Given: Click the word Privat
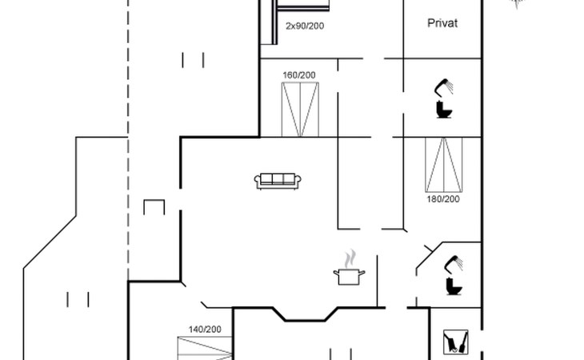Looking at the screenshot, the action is click(442, 23).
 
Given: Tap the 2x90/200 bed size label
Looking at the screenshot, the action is click(305, 26).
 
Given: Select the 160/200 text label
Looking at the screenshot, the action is click(299, 75).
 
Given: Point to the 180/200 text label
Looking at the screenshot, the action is click(443, 199).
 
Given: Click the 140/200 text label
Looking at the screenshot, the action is click(205, 330).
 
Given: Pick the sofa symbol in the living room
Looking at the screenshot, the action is click(278, 182).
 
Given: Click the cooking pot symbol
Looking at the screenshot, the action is click(349, 277).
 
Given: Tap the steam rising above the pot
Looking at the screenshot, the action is click(350, 258).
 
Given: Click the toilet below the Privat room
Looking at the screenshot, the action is click(444, 110).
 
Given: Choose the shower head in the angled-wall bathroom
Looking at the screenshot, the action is click(454, 264).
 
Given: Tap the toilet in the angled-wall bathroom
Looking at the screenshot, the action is click(454, 286).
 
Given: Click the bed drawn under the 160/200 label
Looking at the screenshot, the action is click(300, 110).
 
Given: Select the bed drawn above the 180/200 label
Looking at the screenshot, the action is click(444, 165).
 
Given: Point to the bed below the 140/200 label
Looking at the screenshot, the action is click(205, 349).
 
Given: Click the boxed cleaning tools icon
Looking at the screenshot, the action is click(455, 342).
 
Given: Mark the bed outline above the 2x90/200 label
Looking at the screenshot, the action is click(303, 6).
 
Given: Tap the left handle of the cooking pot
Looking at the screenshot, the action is click(336, 274).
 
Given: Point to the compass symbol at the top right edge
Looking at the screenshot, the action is click(517, 3).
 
